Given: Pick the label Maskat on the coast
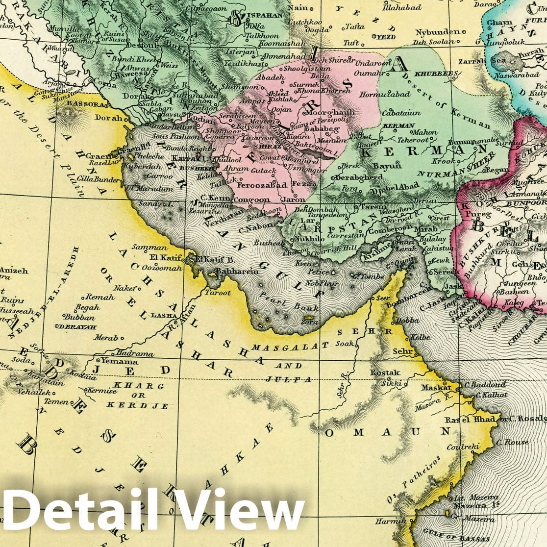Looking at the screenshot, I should click(435, 387).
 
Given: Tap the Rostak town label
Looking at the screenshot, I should click(384, 373).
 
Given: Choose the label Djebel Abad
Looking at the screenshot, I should click(393, 186).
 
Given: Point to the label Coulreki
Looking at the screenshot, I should click(462, 448).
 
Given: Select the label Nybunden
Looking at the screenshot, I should click(437, 32).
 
